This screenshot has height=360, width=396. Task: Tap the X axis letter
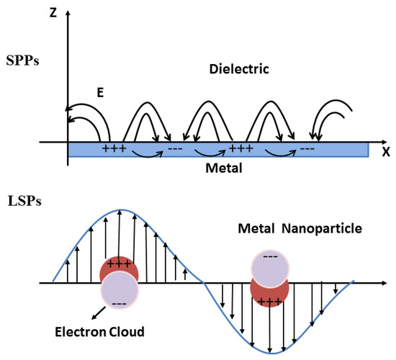coord(385,152)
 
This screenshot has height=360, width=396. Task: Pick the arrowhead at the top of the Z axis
coord(68,16)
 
